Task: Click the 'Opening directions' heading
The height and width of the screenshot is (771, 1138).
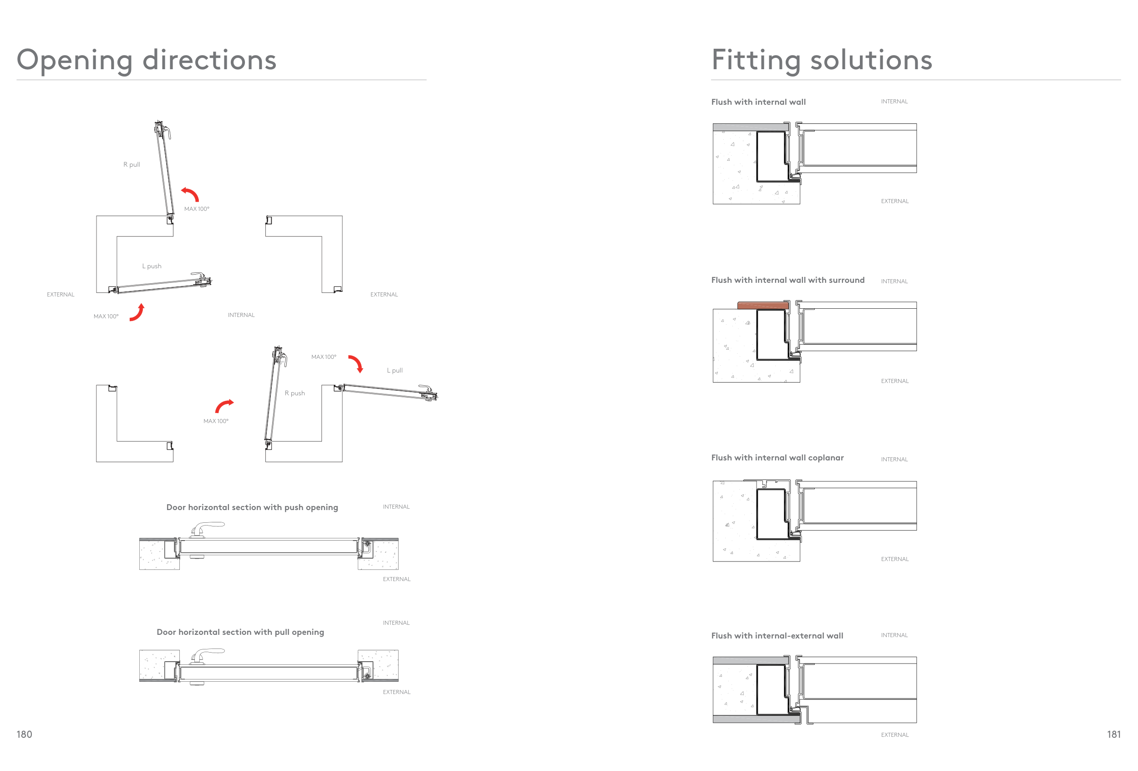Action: pyautogui.click(x=147, y=60)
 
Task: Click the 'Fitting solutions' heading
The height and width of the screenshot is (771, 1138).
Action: pyautogui.click(x=821, y=60)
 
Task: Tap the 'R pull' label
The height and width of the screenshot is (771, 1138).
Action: pyautogui.click(x=132, y=164)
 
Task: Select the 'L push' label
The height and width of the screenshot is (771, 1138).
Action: pyautogui.click(x=152, y=266)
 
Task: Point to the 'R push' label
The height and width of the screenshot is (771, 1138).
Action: pyautogui.click(x=295, y=393)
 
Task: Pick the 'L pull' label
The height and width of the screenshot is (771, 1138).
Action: pyautogui.click(x=395, y=370)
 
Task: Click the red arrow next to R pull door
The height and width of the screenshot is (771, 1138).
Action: pyautogui.click(x=190, y=194)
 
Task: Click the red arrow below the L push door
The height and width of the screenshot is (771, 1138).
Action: pyautogui.click(x=137, y=312)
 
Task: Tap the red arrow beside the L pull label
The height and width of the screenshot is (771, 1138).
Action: pyautogui.click(x=356, y=363)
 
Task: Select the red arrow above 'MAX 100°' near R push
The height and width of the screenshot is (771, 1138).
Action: pyautogui.click(x=224, y=406)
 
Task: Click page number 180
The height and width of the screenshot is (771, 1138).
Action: pyautogui.click(x=24, y=734)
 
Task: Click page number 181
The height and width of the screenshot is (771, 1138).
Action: pyautogui.click(x=1113, y=734)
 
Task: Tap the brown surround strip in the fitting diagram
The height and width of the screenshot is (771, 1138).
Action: pyautogui.click(x=762, y=305)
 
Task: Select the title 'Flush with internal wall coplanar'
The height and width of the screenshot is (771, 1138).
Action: pyautogui.click(x=777, y=458)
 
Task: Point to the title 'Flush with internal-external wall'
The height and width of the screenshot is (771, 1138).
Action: pyautogui.click(x=777, y=635)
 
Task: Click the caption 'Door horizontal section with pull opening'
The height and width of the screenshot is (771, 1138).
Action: pyautogui.click(x=240, y=632)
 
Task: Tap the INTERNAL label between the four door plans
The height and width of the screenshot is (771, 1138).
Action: pyautogui.click(x=241, y=315)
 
